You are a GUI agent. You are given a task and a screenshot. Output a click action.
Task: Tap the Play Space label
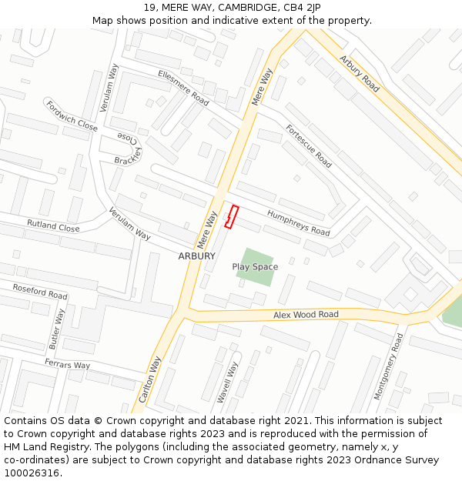255,267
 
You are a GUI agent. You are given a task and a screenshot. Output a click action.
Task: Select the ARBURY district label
196,256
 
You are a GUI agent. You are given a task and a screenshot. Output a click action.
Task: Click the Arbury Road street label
360,74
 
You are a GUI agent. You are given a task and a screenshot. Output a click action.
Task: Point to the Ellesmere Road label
183,88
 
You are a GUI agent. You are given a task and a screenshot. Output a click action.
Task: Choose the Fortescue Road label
309,146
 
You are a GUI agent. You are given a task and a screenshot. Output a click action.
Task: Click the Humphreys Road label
298,222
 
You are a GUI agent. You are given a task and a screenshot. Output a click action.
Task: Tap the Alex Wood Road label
306,315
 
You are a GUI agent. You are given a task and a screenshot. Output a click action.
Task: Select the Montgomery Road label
388,366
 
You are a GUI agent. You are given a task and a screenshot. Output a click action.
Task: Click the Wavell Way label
227,382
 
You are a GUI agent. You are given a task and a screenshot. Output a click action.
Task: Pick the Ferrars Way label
67,364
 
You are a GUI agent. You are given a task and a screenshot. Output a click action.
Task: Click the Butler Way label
56,329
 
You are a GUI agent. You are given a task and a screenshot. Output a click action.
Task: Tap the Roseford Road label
40,291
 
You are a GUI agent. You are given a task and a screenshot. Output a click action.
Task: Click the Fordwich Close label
72,115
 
